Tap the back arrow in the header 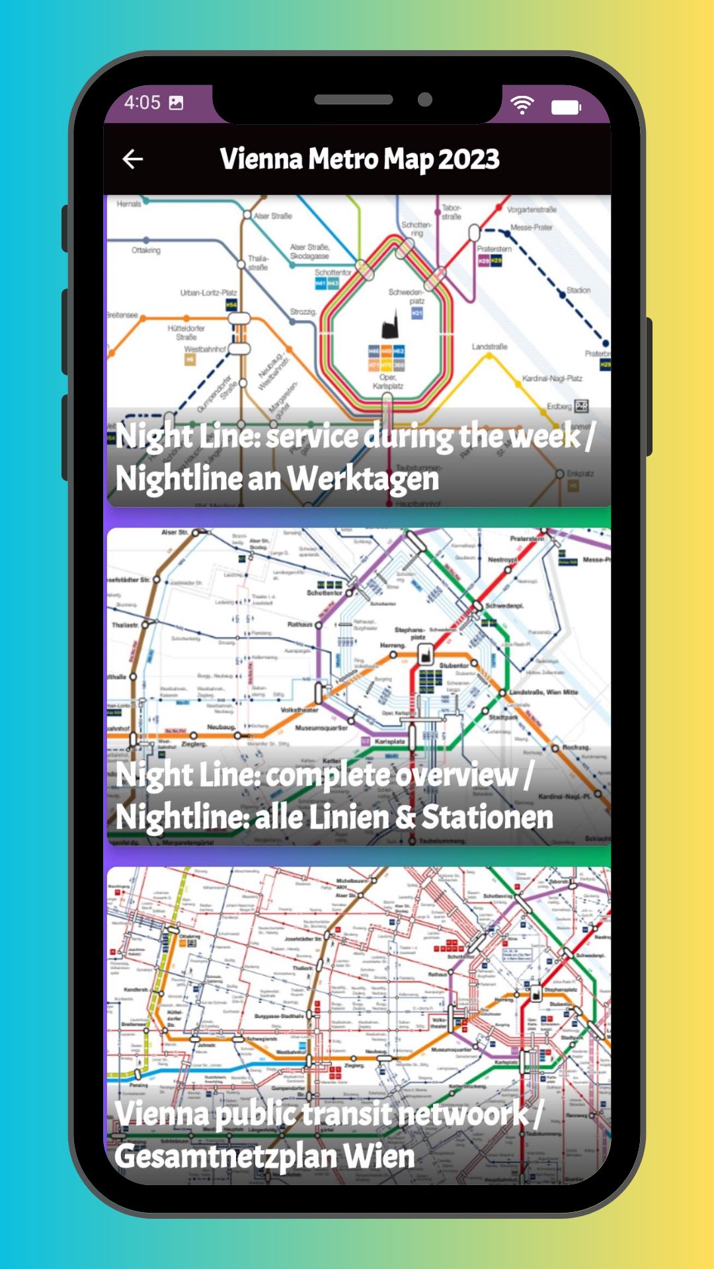point(133,159)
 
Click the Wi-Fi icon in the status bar point(522,104)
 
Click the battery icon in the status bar point(566,107)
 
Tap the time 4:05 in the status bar point(142,102)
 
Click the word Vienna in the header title point(260,159)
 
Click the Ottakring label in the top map point(146,250)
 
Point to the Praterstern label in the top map point(494,249)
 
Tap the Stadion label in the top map point(578,290)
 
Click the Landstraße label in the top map point(489,346)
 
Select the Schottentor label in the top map point(333,272)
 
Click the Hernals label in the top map point(129,204)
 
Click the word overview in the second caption point(457,775)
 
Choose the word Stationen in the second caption point(487,817)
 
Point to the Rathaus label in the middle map point(299,625)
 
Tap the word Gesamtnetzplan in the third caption point(225,1157)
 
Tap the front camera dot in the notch point(425,100)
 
